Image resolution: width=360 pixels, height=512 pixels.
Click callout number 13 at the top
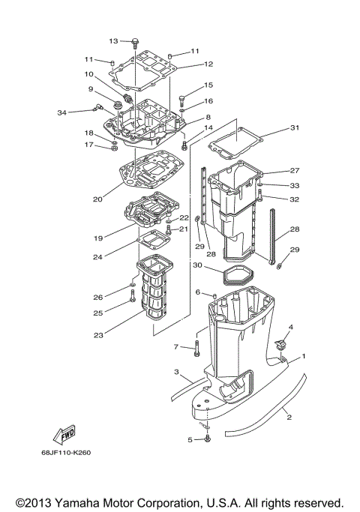pyautogui.click(x=114, y=40)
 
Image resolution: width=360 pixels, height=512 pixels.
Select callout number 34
pyautogui.click(x=61, y=112)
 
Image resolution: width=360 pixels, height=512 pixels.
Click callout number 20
pyautogui.click(x=97, y=199)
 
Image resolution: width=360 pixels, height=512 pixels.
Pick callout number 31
pyautogui.click(x=294, y=127)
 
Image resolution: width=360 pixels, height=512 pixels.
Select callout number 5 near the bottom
pyautogui.click(x=190, y=440)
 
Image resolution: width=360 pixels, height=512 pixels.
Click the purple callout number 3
pyautogui.click(x=175, y=372)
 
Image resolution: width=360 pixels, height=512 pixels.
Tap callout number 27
pyautogui.click(x=294, y=170)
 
